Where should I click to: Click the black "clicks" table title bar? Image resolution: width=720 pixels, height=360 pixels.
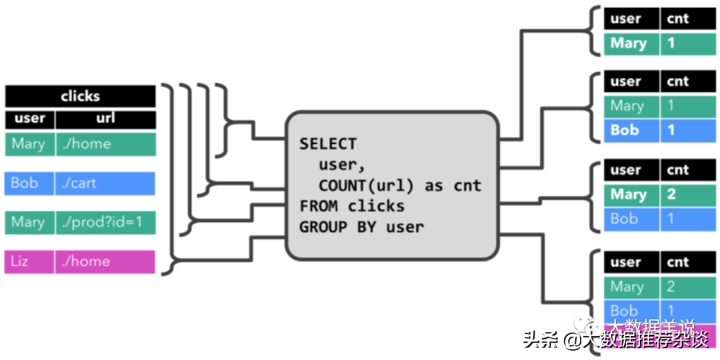click(x=80, y=97)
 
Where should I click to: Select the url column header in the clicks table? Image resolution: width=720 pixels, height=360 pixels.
click(x=105, y=119)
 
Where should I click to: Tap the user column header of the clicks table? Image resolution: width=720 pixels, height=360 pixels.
click(x=29, y=119)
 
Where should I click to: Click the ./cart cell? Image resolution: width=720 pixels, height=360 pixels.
click(x=105, y=183)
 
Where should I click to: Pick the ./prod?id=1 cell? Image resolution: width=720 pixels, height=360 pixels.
click(x=105, y=223)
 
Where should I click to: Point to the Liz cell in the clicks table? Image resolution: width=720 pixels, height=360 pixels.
click(x=29, y=261)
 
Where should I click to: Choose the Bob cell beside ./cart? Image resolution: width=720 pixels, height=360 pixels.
click(x=29, y=183)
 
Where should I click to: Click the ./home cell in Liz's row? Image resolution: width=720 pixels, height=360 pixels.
click(x=105, y=261)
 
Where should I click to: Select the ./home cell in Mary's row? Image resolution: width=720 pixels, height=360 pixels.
click(x=105, y=144)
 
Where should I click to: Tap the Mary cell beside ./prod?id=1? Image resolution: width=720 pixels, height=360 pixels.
click(x=29, y=223)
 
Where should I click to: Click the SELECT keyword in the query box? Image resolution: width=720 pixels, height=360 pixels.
click(x=328, y=144)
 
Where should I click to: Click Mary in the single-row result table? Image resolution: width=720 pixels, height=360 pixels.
click(x=630, y=43)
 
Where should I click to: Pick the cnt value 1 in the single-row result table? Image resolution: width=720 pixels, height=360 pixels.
click(x=687, y=43)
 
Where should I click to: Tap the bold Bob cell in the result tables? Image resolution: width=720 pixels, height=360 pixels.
click(x=630, y=130)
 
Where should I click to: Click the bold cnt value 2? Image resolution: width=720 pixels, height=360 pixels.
click(x=687, y=195)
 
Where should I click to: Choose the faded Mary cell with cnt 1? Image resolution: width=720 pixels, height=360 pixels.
click(x=630, y=105)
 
